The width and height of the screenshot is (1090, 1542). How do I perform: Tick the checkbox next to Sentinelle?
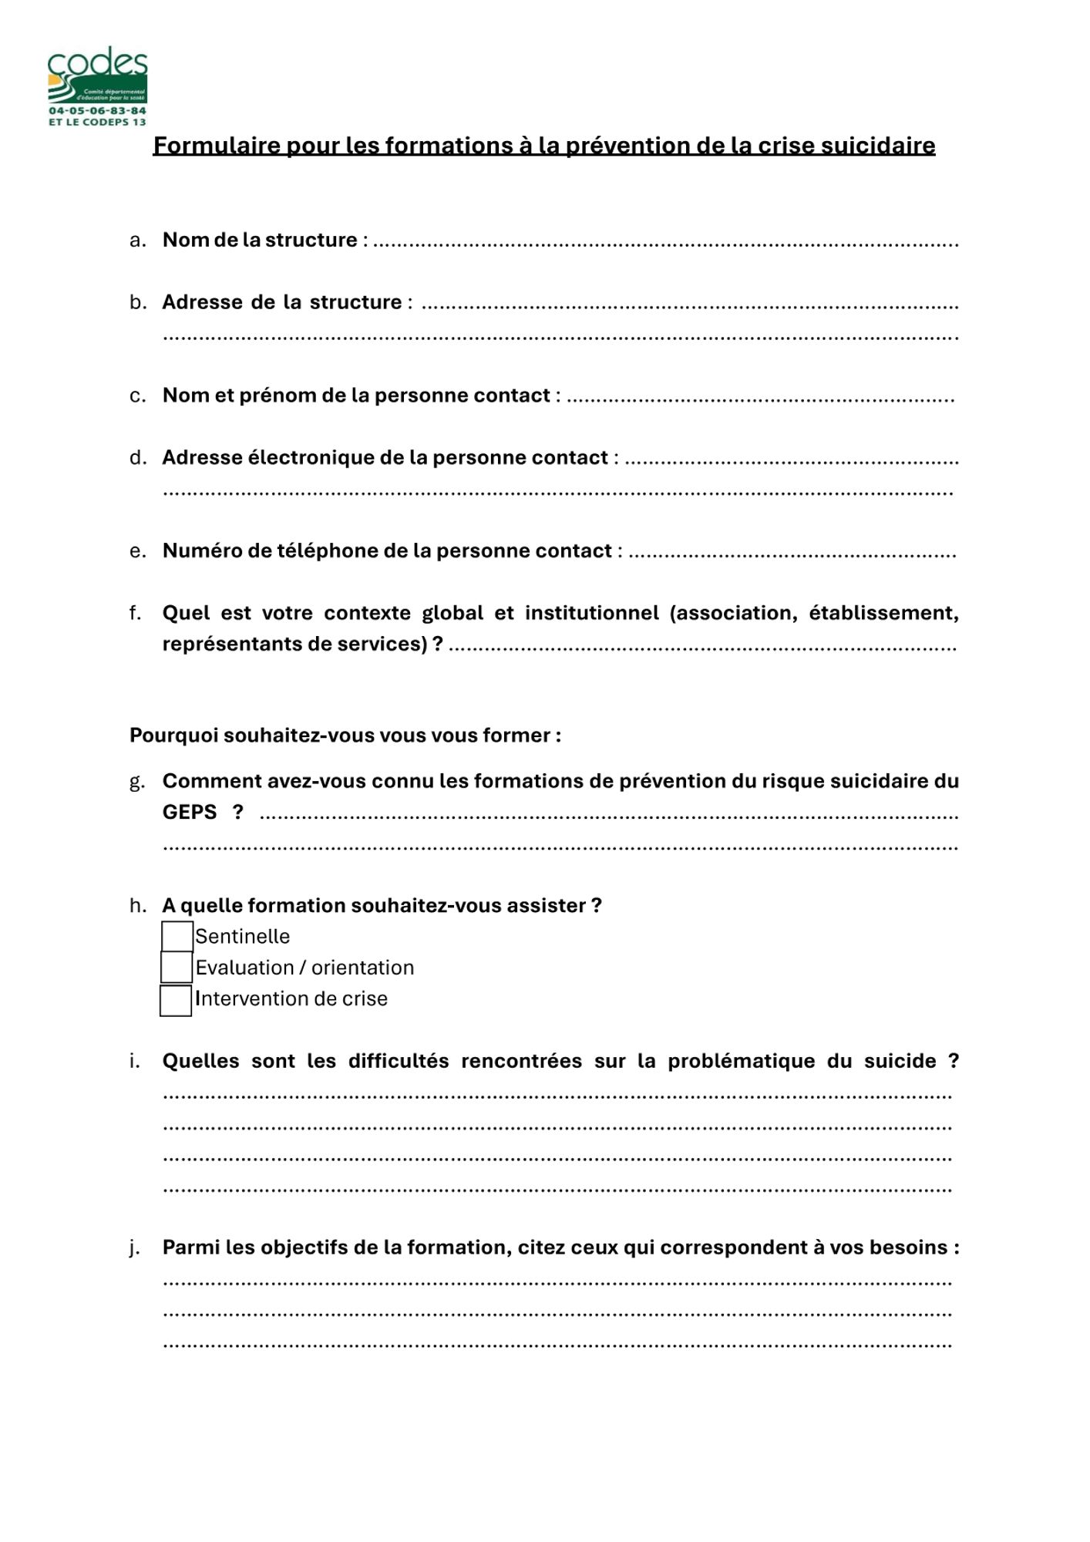177,937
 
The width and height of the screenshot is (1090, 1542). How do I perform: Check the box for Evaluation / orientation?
177,967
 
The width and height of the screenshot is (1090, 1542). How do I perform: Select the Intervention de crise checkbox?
176,1001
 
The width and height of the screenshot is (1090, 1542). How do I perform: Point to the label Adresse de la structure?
282,302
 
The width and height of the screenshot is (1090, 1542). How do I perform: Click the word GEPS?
190,812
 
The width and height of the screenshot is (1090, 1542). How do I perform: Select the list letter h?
137,906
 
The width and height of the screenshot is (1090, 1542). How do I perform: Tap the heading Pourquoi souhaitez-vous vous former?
345,736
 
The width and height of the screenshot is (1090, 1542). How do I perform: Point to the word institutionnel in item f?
591,613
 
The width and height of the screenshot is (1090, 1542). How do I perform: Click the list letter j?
135,1247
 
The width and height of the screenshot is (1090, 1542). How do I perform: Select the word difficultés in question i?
398,1061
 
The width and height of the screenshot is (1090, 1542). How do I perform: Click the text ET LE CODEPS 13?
97,122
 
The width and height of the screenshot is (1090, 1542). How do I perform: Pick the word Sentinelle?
243,937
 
